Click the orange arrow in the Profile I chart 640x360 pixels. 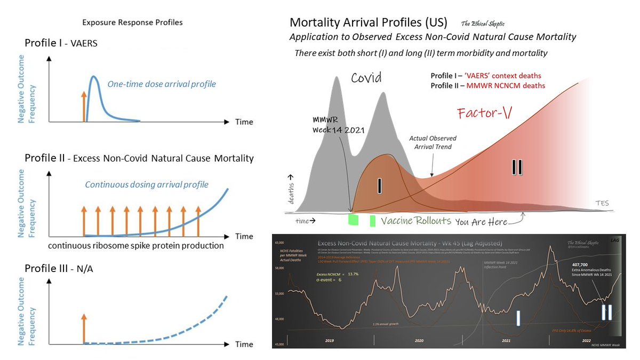coord(83,106)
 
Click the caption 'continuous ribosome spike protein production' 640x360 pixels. coord(135,246)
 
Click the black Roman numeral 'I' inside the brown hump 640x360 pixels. coord(380,185)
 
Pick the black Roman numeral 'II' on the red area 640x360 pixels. coord(517,167)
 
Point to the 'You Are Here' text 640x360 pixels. coord(485,222)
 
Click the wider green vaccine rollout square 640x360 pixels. coord(353,220)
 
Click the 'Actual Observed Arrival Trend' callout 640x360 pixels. coord(433,142)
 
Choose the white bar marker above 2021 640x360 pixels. coord(517,318)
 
